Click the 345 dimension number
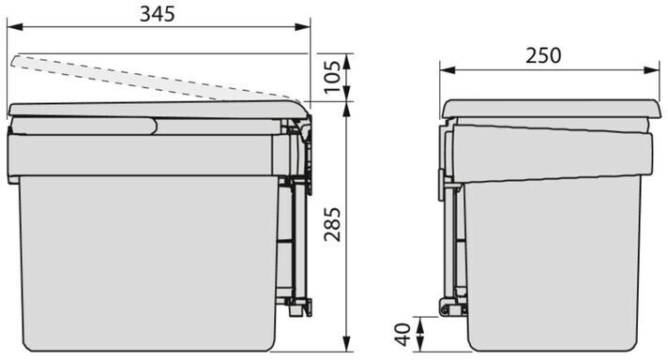click(158, 14)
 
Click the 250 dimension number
click(543, 55)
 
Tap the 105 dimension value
click(333, 78)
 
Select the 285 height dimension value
click(333, 225)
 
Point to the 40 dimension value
click(403, 335)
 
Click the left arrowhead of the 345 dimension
click(15, 27)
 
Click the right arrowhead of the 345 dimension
click(302, 27)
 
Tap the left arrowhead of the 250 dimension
click(448, 69)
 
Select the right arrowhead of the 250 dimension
click(652, 69)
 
